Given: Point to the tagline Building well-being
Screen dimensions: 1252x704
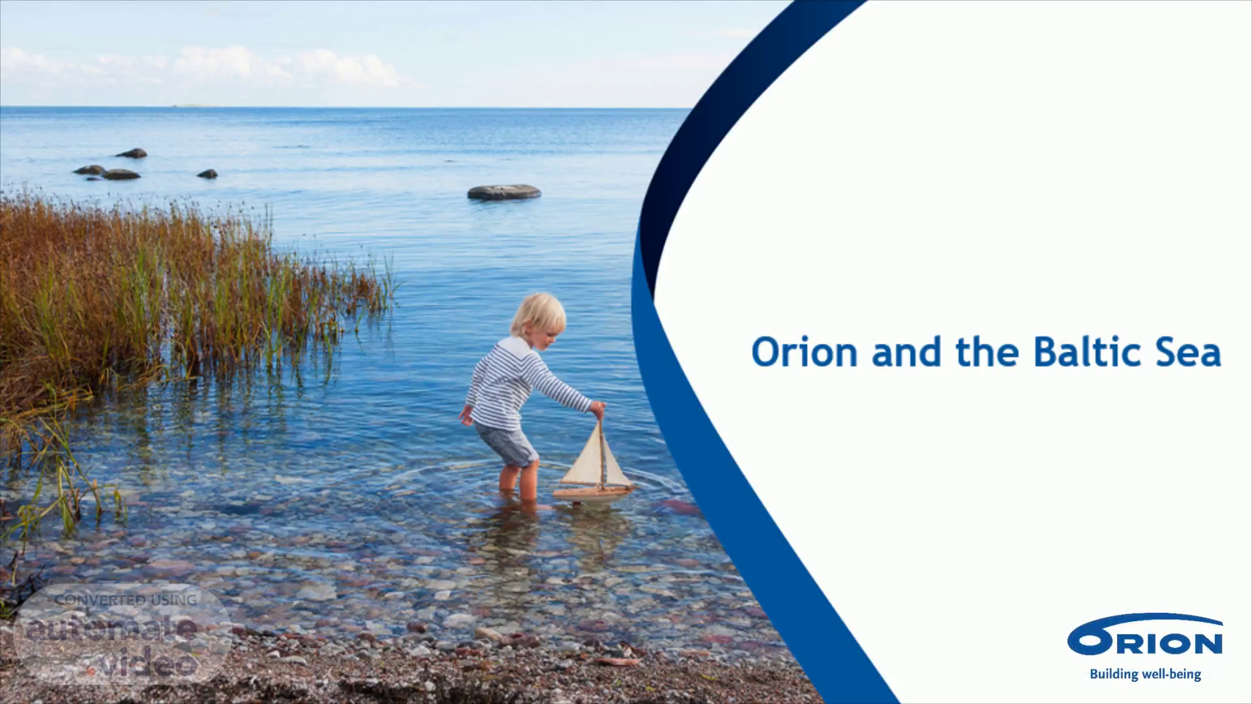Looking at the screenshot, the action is pyautogui.click(x=1145, y=674).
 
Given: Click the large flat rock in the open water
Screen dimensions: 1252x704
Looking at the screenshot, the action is pyautogui.click(x=504, y=192).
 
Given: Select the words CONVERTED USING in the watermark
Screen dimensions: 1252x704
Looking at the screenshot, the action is pyautogui.click(x=126, y=600).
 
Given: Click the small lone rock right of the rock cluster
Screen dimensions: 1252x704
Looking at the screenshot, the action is pyautogui.click(x=207, y=174).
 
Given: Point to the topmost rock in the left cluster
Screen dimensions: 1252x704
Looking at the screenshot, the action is pyautogui.click(x=132, y=153).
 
